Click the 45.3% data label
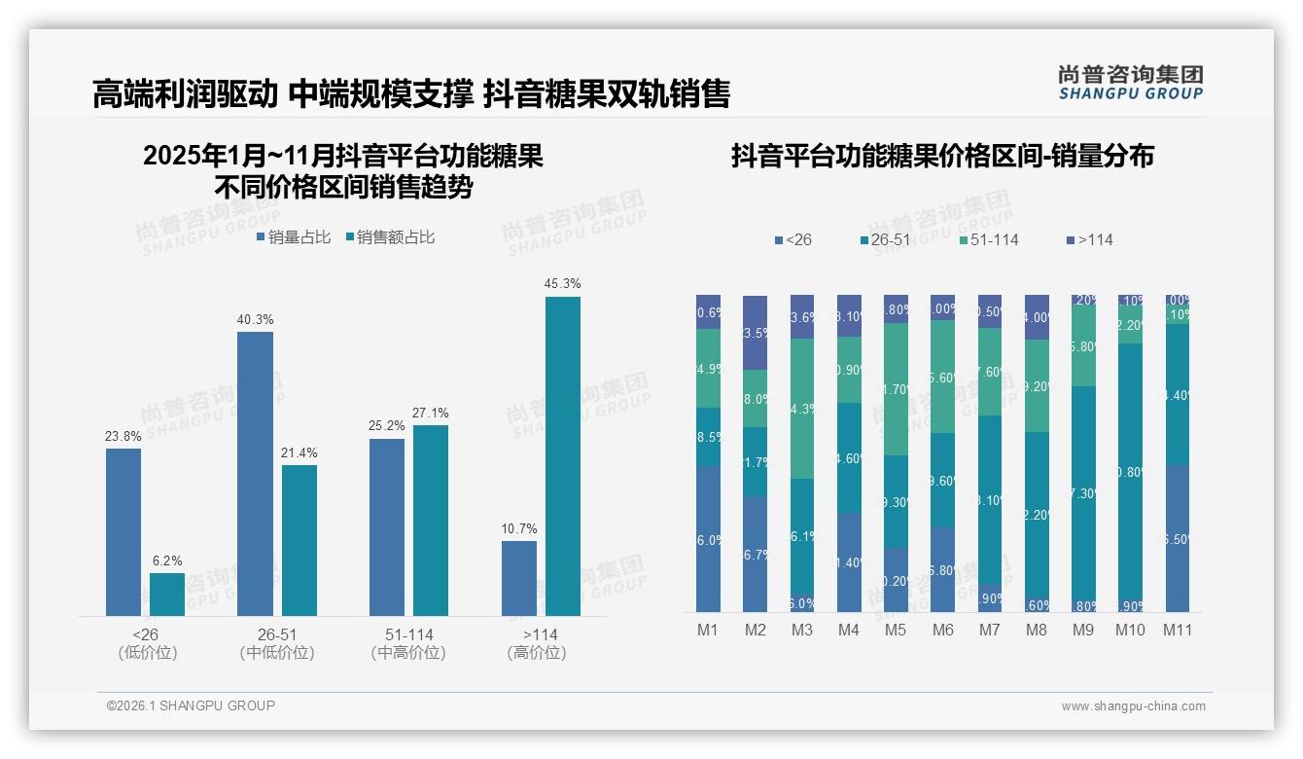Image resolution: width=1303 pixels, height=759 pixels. pyautogui.click(x=563, y=284)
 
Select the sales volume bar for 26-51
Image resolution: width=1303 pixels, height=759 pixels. pyautogui.click(x=255, y=473)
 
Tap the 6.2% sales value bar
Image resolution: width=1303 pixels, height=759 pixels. pyautogui.click(x=167, y=594)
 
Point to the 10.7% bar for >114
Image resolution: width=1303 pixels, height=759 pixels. pyautogui.click(x=519, y=578)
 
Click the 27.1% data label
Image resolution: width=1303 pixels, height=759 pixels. pyautogui.click(x=431, y=414)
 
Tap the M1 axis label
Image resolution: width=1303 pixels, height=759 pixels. pyautogui.click(x=708, y=630)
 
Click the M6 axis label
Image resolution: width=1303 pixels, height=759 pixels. pyautogui.click(x=942, y=630)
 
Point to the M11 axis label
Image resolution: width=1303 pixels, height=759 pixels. pyautogui.click(x=1178, y=630)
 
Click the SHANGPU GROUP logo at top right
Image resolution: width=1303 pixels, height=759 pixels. pyautogui.click(x=1130, y=83)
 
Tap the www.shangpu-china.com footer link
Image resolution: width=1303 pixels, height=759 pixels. pyautogui.click(x=1133, y=706)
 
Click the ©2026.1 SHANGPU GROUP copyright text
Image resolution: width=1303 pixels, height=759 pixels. pyautogui.click(x=191, y=705)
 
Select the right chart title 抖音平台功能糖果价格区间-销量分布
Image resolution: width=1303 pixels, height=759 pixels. pyautogui.click(x=942, y=156)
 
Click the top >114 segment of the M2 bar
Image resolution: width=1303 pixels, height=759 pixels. pyautogui.click(x=756, y=332)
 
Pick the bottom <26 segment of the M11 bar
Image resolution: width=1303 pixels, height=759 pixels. pyautogui.click(x=1178, y=538)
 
